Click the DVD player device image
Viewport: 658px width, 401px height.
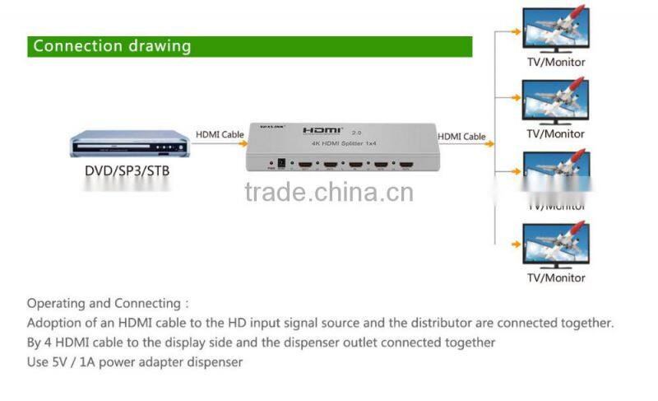coord(128,144)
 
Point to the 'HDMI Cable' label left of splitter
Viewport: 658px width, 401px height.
coord(220,134)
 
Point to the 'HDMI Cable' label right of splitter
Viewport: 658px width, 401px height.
coord(461,137)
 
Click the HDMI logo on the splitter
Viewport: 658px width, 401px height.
coord(322,131)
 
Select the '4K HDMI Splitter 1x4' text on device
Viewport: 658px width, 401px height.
coord(342,146)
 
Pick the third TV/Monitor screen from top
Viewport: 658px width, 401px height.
coord(555,172)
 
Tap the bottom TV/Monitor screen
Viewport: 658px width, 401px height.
coord(555,245)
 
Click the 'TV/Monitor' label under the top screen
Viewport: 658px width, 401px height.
coord(556,62)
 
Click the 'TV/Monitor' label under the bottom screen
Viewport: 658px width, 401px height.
coord(556,277)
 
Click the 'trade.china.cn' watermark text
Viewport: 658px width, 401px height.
coord(329,192)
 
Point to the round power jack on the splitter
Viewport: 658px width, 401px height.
coord(285,164)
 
